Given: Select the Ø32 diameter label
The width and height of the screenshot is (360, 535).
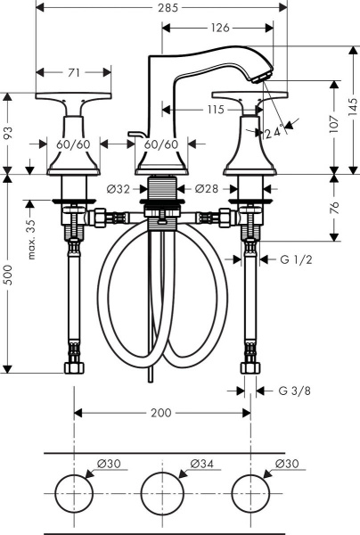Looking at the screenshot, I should click(x=119, y=188).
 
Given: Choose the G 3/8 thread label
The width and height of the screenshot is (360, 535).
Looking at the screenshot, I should click(x=295, y=390).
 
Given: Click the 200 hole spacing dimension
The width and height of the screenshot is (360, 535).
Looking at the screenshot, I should click(x=161, y=413).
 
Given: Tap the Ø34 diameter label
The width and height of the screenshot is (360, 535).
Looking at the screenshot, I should click(x=203, y=463).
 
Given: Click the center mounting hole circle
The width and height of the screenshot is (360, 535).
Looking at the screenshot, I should click(x=161, y=494).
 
